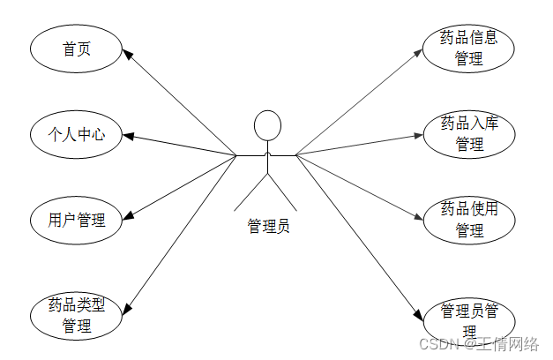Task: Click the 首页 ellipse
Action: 74,49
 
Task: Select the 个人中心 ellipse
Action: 76,135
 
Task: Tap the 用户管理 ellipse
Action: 76,220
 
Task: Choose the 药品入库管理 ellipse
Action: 468,133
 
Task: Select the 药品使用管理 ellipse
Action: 468,219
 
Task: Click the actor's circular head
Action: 267,125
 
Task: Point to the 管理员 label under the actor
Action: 268,226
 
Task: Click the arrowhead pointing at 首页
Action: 128,55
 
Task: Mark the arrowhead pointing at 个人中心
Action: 126,137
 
